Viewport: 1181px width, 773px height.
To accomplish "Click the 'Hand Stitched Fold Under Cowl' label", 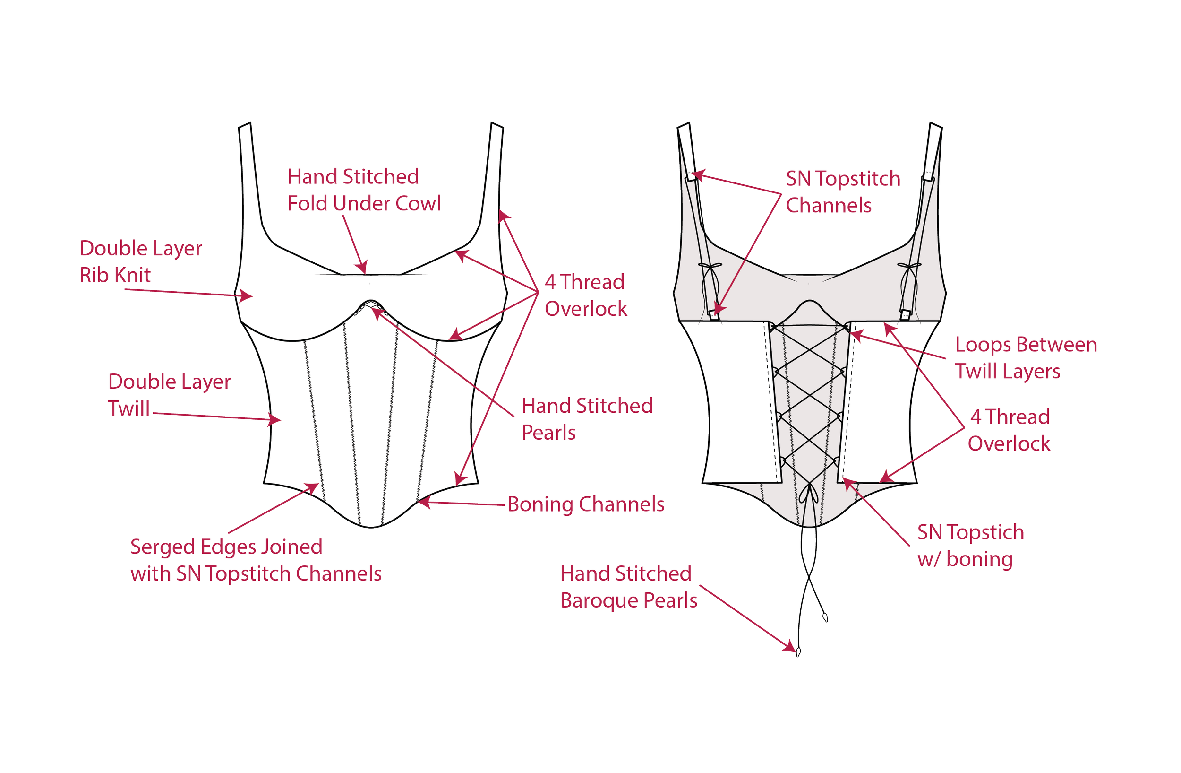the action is [364, 190].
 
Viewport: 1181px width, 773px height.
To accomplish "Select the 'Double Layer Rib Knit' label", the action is [140, 261].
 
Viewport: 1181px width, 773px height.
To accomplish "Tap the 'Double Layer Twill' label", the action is [169, 395].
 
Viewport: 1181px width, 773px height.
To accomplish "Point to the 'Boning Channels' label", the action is [585, 504].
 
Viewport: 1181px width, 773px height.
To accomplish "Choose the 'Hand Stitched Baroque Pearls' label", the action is [628, 587].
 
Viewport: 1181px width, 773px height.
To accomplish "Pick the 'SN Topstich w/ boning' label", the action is [970, 546].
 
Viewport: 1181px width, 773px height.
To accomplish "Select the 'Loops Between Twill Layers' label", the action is [1026, 358].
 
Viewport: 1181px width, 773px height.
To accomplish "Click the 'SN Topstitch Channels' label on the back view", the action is [842, 191].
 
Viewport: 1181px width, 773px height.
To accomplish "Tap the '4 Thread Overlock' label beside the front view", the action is [585, 295].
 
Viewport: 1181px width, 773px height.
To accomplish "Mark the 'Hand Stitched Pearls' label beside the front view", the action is [587, 419].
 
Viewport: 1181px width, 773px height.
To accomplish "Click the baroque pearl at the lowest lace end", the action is [798, 652].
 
